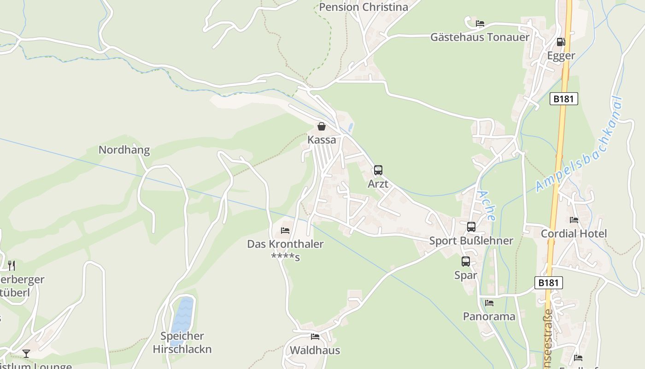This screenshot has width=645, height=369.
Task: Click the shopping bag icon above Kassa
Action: coord(322,126)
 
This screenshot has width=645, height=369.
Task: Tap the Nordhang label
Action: coord(124,150)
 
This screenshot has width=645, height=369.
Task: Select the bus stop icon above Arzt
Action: coord(378,170)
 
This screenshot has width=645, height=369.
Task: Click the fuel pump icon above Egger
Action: coord(561,42)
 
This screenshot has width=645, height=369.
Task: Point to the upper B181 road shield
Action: coord(563,99)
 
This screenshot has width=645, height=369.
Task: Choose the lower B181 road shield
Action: coord(549,283)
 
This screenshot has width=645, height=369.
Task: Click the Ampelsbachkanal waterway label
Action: coord(580,145)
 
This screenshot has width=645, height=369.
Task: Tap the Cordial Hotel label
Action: coord(574,233)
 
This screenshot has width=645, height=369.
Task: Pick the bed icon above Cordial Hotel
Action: coord(574,220)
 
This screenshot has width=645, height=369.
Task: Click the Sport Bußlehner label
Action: coord(471,241)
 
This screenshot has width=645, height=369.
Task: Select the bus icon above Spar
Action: coord(466,262)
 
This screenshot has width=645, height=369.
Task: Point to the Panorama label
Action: coord(489,316)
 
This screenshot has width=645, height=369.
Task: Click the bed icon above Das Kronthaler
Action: coord(285,230)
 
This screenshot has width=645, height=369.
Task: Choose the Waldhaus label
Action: coord(315,350)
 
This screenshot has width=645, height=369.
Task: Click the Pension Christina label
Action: coord(364,7)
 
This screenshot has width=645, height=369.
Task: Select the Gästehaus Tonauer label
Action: coord(480,37)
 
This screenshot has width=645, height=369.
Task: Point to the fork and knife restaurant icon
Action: coord(12,265)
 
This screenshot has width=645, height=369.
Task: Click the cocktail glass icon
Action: coord(26,354)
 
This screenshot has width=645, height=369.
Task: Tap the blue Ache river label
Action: coord(486,205)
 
